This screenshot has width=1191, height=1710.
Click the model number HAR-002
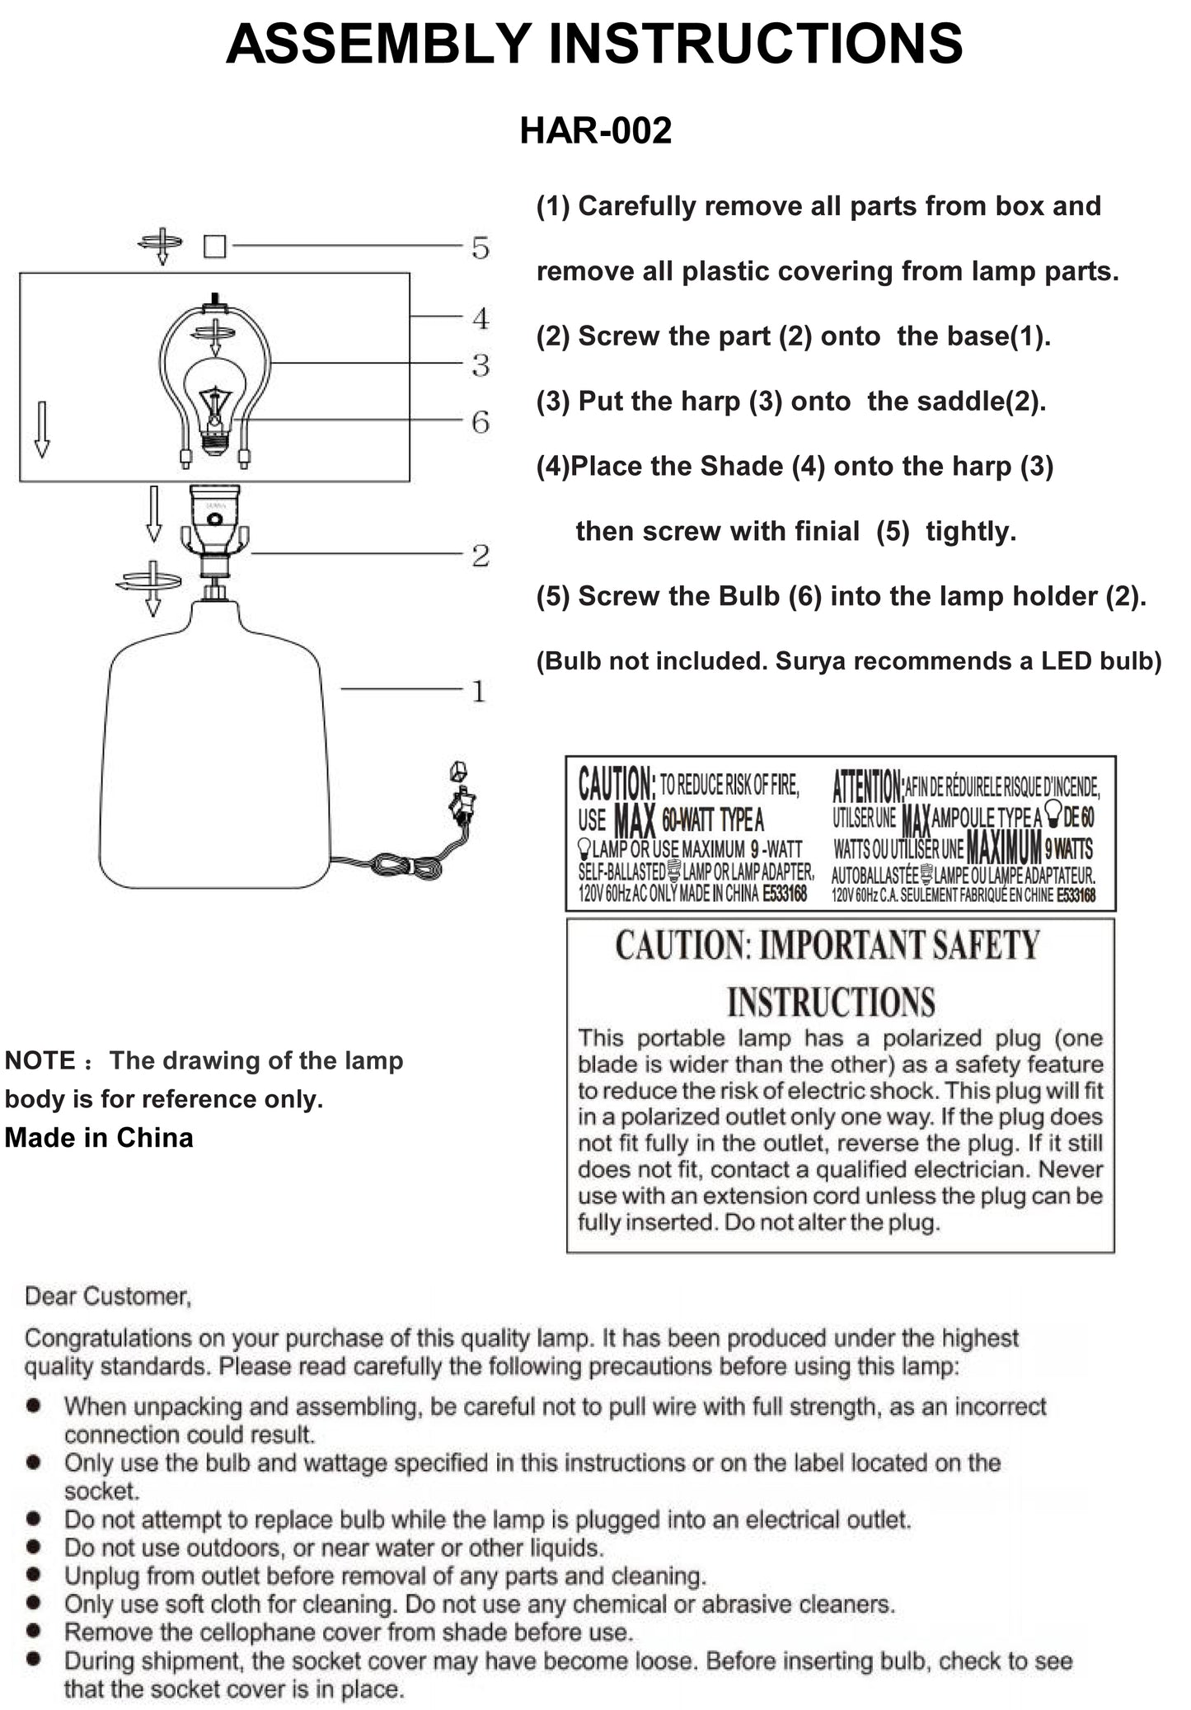595,131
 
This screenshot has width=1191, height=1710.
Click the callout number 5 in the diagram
481,247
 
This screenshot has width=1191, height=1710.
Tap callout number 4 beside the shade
481,318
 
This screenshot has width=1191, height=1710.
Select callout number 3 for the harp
481,365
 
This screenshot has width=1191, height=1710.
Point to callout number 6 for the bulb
481,422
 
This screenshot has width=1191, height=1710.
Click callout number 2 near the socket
481,556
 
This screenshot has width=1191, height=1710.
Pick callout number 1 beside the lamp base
479,691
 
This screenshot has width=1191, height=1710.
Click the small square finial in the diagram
214,247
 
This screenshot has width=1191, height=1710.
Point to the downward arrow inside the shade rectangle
42,429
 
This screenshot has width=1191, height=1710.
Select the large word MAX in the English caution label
635,821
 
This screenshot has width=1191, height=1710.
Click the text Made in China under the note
99,1138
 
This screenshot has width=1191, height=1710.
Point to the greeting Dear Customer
108,1296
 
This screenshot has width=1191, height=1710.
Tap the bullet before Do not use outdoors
34,1547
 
